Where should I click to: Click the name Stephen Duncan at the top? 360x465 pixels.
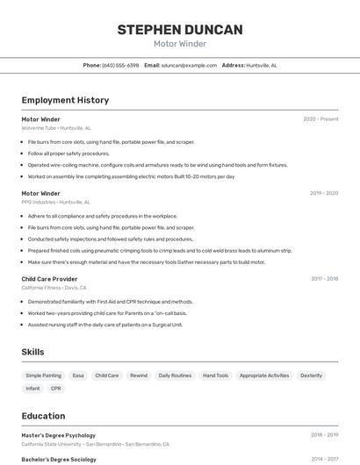[x=180, y=30]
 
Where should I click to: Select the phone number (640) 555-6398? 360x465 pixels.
[x=120, y=65]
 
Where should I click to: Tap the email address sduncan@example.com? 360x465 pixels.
[x=189, y=65]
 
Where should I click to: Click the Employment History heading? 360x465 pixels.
[x=65, y=100]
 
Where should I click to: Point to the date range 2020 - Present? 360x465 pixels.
[x=320, y=119]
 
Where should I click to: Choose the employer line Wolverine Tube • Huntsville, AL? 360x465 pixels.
[x=55, y=127]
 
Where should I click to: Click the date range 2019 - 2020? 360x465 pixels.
[x=324, y=193]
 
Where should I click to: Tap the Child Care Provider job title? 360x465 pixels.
[x=49, y=279]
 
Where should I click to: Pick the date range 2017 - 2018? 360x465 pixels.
[x=324, y=279]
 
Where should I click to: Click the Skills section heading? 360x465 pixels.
[x=33, y=352]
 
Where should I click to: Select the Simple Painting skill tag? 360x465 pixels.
[x=44, y=376]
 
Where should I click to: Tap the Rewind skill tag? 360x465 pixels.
[x=139, y=376]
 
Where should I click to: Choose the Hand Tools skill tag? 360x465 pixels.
[x=215, y=376]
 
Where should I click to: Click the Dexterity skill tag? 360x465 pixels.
[x=311, y=376]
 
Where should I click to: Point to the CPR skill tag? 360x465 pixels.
[x=56, y=389]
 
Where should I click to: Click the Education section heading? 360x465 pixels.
[x=43, y=416]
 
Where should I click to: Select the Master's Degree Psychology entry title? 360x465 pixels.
[x=58, y=435]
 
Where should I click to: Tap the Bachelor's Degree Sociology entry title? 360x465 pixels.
[x=58, y=459]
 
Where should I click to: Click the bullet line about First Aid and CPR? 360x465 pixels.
[x=110, y=302]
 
